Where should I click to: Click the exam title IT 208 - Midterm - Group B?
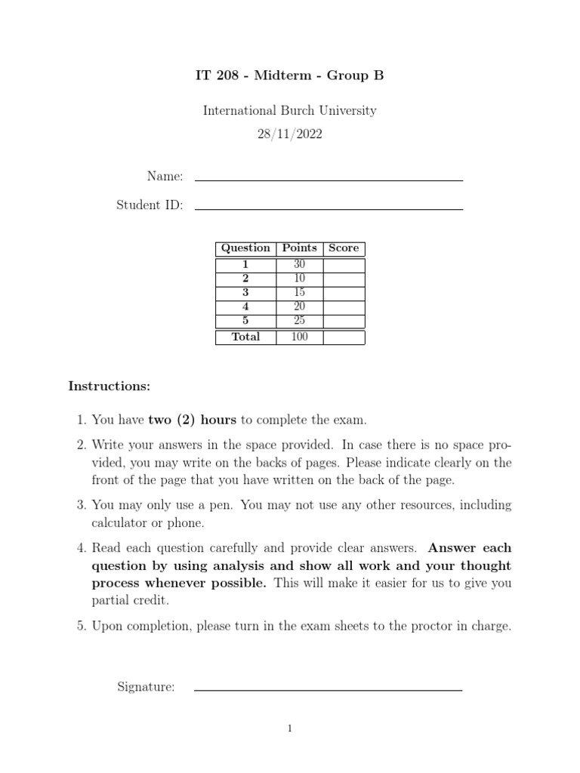click(290, 75)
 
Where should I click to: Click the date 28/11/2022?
click(290, 135)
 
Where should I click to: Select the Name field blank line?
click(329, 180)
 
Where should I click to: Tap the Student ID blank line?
click(329, 208)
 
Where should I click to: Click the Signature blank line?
click(328, 689)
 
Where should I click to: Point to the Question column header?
click(245, 248)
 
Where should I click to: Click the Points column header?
click(300, 248)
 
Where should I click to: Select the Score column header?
click(344, 248)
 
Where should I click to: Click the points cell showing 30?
click(300, 265)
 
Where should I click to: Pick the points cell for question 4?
click(300, 307)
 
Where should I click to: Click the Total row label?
click(245, 337)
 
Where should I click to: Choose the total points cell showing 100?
click(300, 337)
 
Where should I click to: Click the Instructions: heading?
click(110, 386)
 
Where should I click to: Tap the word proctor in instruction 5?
click(420, 626)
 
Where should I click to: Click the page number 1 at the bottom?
click(290, 728)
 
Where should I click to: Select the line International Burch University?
click(290, 111)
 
